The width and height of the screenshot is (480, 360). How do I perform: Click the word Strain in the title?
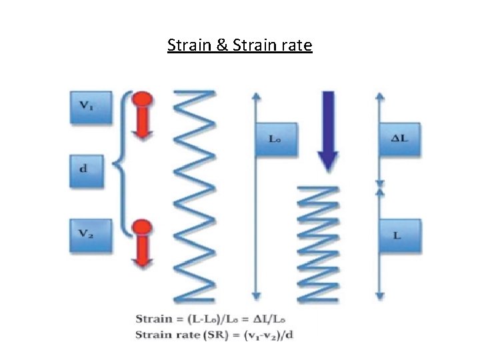pos(189,45)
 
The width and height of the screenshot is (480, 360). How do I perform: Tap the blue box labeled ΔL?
pos(399,139)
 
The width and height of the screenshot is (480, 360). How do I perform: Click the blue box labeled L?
pos(399,237)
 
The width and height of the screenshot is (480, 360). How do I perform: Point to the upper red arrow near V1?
pos(142,115)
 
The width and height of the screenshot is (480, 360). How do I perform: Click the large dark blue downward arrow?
pos(327,131)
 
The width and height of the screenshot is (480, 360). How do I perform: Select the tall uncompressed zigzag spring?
pos(194,193)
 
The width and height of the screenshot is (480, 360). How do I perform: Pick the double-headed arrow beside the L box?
pos(379,243)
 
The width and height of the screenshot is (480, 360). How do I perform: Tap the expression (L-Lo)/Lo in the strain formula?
pos(208,319)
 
